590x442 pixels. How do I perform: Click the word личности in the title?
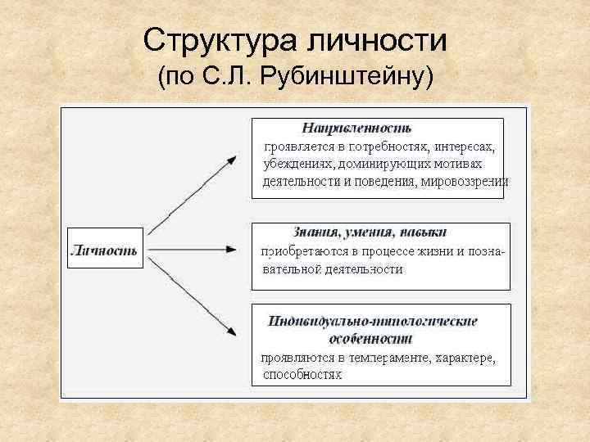(365, 39)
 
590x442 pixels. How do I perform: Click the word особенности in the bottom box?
(370, 337)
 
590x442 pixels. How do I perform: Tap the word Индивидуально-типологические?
(372, 321)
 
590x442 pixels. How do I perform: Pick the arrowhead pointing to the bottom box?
(234, 333)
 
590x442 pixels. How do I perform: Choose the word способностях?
(302, 375)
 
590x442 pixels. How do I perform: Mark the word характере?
(465, 358)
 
